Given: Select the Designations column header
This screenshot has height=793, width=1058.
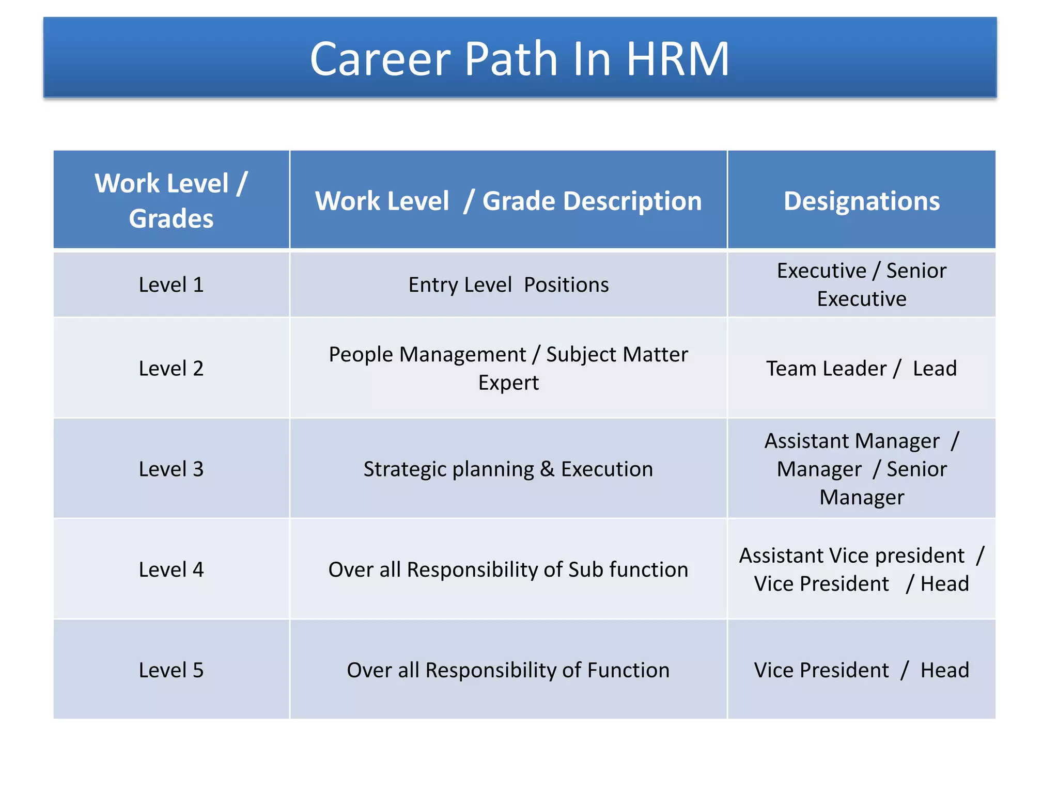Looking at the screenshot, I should [x=861, y=201].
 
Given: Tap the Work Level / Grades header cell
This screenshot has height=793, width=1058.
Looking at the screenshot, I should [x=171, y=200].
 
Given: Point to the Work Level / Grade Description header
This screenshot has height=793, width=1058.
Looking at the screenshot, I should [x=508, y=201].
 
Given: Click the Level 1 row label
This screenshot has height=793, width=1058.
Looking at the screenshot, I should [x=171, y=284].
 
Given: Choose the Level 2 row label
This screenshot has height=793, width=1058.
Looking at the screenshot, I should [x=171, y=368].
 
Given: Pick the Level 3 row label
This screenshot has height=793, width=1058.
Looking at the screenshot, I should [x=171, y=469].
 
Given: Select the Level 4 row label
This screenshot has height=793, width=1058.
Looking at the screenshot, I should [x=171, y=569].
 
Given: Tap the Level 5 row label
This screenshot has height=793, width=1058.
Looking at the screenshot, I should [x=171, y=670].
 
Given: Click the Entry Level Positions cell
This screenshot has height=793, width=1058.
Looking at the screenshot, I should [x=508, y=284].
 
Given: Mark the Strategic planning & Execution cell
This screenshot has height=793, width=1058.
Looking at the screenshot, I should [x=508, y=469].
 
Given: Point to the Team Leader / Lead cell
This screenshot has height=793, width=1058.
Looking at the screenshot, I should [x=861, y=368].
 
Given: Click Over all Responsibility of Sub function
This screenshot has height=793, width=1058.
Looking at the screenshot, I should [x=508, y=569].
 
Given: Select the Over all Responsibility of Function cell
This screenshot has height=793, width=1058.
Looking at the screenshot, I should [x=508, y=670].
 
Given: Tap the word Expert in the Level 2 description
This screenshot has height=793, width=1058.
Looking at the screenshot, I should [x=508, y=383].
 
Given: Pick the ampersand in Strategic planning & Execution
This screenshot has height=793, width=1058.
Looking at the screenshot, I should [x=547, y=469].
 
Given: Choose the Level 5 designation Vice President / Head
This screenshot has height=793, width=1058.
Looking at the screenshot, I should [x=861, y=670].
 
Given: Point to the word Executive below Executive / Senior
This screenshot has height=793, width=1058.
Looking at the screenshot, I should [x=861, y=299].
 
